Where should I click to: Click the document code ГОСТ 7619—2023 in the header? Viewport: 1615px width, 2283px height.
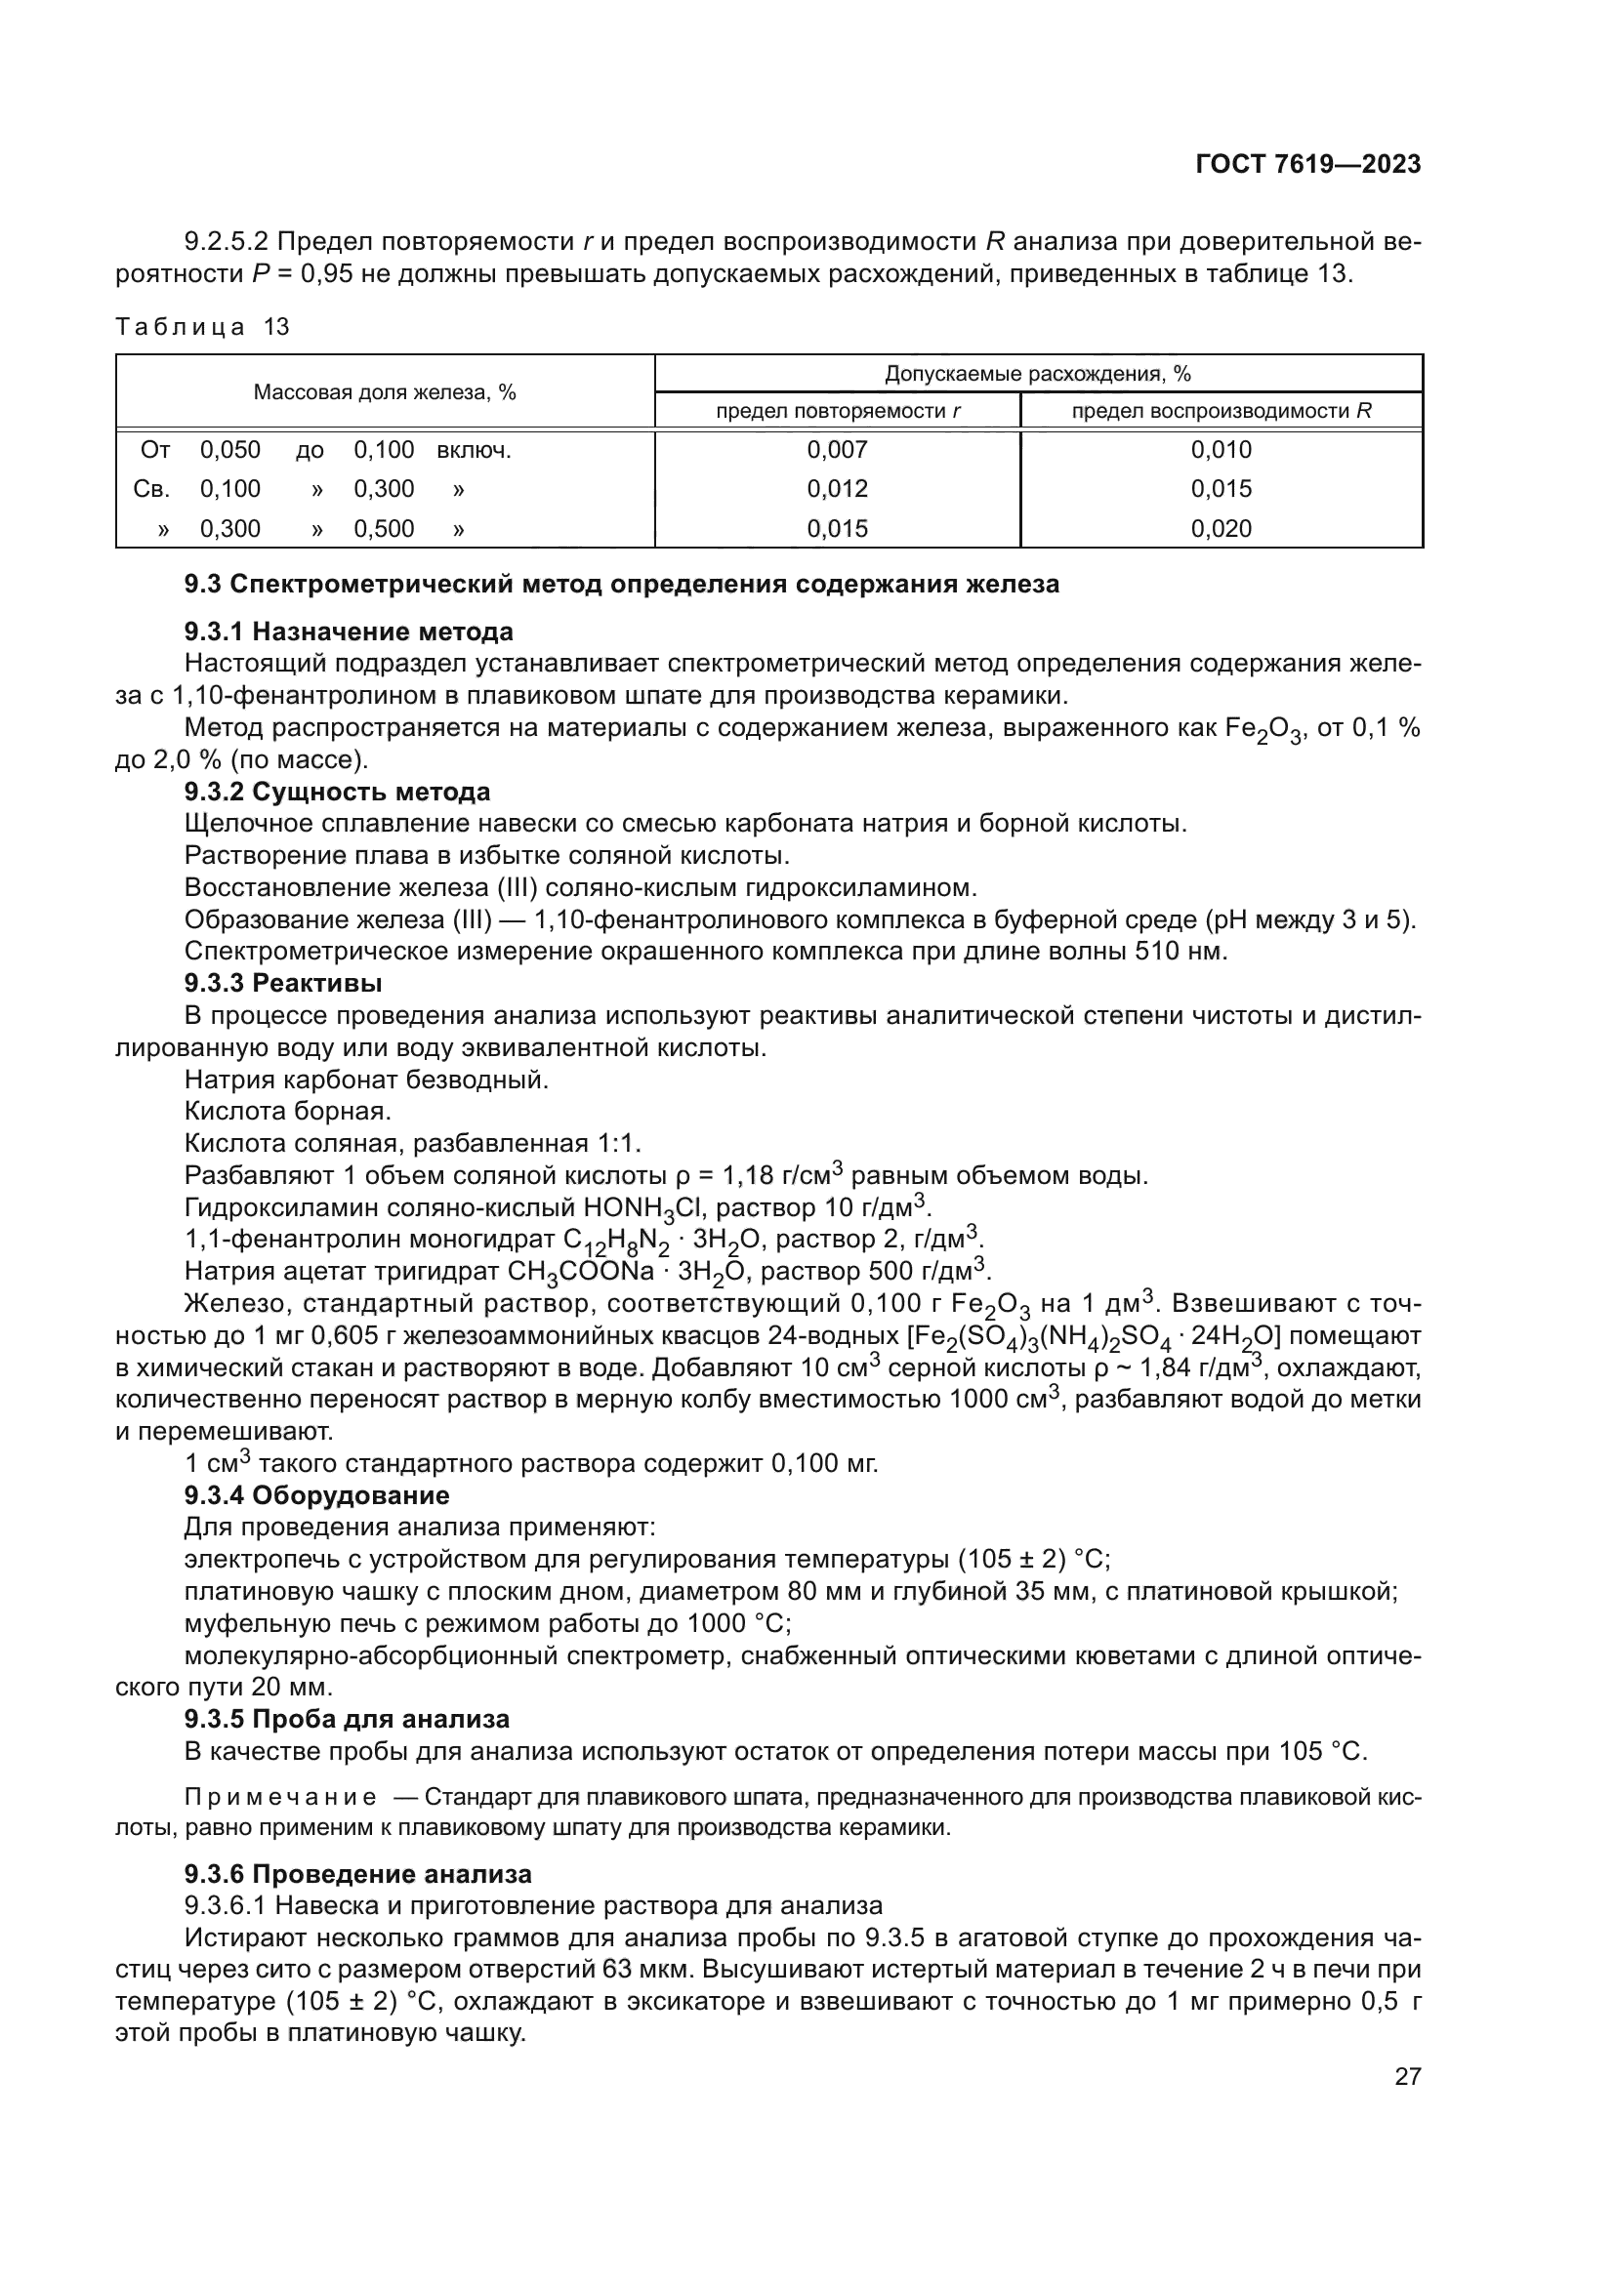pos(1307,164)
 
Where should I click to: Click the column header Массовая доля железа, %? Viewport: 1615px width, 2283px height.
pos(384,391)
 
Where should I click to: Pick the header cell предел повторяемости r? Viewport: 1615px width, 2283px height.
pos(838,411)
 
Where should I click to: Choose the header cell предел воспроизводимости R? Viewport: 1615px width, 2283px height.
pos(1222,411)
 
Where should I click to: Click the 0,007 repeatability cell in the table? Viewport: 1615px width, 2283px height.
pos(838,449)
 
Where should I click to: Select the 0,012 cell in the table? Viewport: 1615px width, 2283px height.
pos(838,489)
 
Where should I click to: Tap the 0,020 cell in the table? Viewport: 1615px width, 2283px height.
pos(1222,529)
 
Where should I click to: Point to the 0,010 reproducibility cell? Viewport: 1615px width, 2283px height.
pos(1222,449)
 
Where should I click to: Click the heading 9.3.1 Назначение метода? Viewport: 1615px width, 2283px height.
pos(348,632)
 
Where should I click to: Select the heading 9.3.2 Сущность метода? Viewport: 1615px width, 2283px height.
pos(337,793)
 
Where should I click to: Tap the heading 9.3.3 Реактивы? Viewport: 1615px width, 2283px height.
pos(283,984)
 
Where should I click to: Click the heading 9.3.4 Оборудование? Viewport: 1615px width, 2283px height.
pos(316,1495)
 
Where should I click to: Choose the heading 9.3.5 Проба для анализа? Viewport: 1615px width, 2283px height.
pos(347,1719)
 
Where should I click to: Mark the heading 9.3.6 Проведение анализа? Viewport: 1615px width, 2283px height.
pos(358,1874)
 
